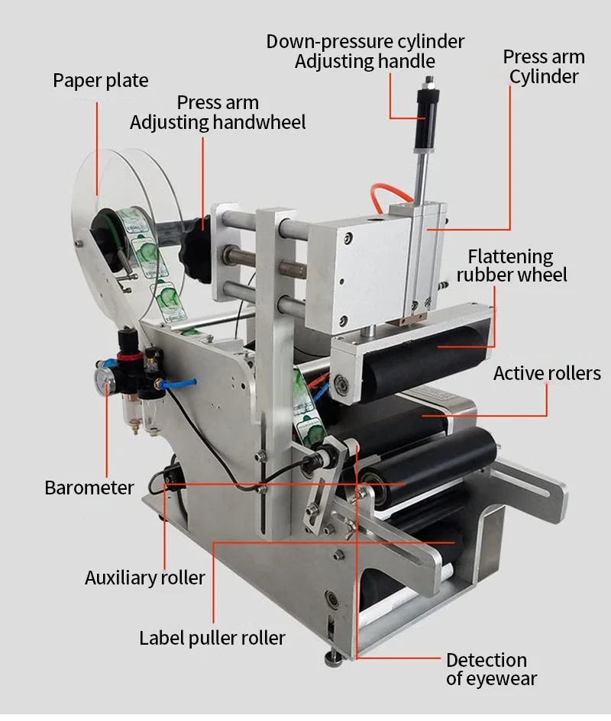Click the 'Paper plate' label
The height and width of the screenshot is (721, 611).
pyautogui.click(x=101, y=80)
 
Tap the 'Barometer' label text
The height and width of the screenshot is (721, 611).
pyautogui.click(x=89, y=488)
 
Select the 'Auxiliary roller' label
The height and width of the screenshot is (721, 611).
pyautogui.click(x=145, y=578)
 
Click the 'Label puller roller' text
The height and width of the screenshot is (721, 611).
pyautogui.click(x=212, y=638)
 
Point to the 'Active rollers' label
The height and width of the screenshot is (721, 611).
pyautogui.click(x=547, y=373)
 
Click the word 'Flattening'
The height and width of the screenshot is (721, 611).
pyautogui.click(x=510, y=256)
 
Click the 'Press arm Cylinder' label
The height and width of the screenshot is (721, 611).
pyautogui.click(x=544, y=66)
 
